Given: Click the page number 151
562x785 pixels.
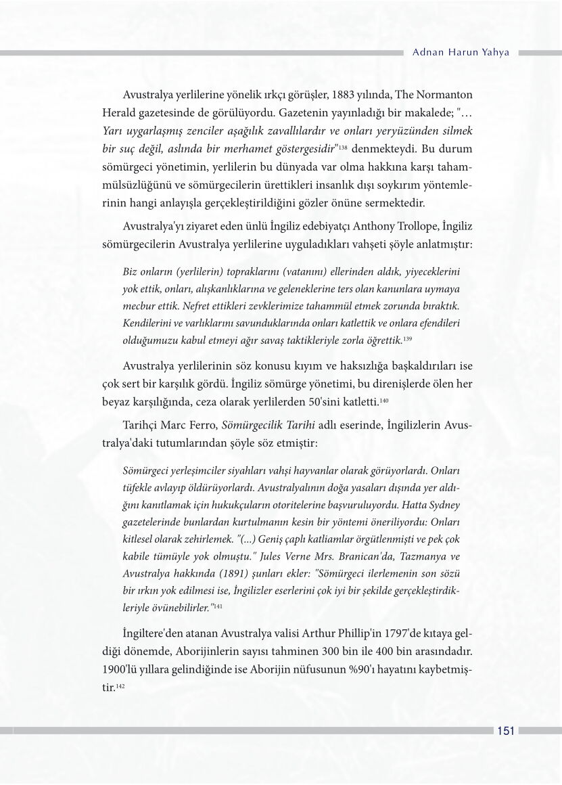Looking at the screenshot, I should tap(507, 730).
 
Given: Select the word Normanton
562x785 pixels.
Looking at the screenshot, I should tap(443, 93).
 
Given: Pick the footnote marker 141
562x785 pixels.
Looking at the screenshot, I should tap(218, 607).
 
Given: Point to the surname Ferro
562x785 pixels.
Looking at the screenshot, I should tap(200, 425).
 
